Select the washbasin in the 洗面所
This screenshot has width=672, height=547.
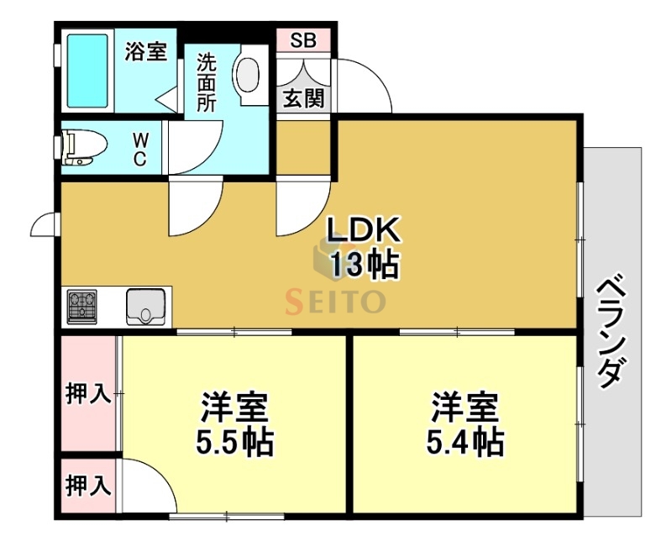pos(248,76)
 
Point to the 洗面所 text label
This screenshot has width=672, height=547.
pos(207,82)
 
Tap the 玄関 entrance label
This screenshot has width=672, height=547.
pos(302,97)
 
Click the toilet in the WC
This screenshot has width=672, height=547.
pos(85,148)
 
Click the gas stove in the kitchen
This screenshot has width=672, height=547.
pos(82,307)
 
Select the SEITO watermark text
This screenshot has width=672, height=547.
pos(336,300)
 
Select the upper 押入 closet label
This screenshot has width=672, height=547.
pos(88,395)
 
